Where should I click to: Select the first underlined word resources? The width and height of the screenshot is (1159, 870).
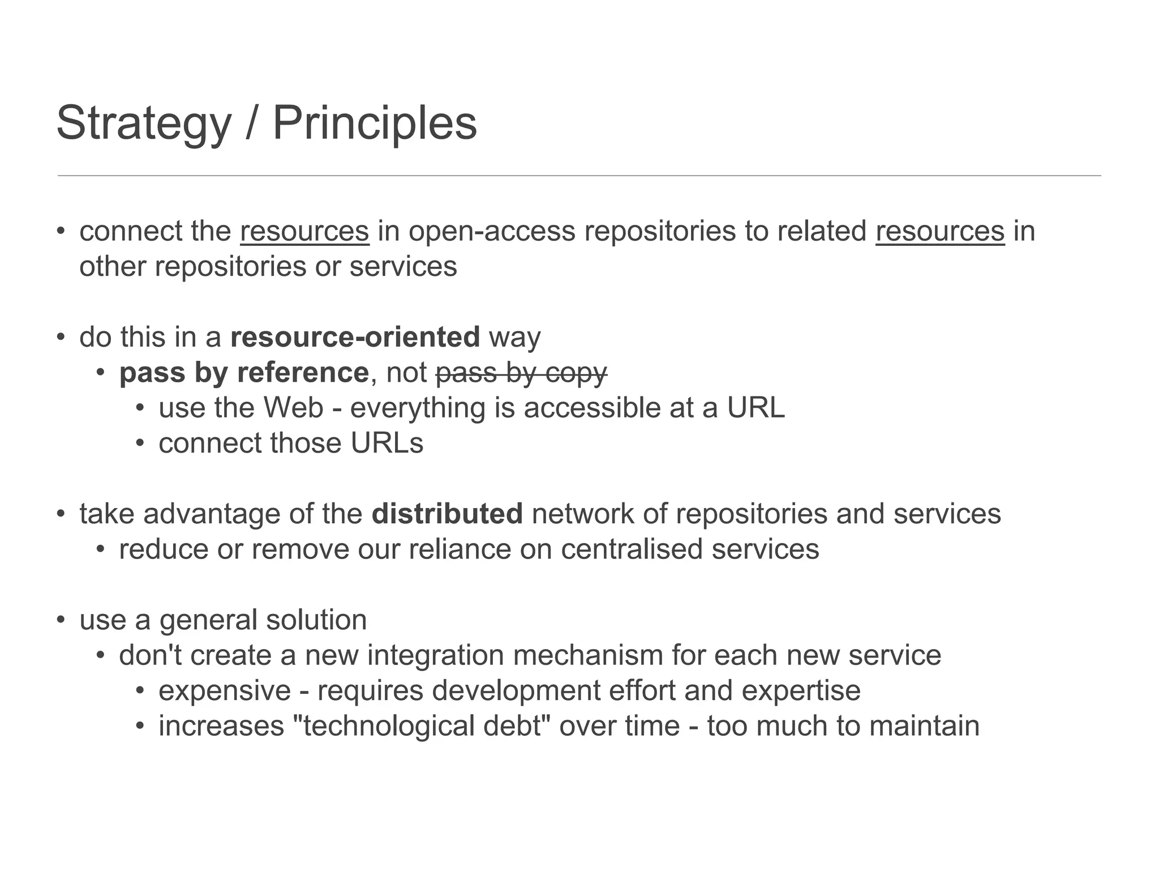click(x=304, y=231)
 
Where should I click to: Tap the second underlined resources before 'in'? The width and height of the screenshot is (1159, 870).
click(x=940, y=231)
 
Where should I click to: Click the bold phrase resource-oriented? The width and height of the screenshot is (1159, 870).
click(x=355, y=337)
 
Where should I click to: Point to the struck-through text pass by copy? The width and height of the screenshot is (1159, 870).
click(x=521, y=373)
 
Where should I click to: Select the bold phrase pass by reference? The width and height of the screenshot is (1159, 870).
click(x=244, y=373)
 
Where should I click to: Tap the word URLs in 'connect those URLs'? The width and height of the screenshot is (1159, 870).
click(x=387, y=443)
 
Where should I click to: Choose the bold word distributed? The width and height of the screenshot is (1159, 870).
click(x=447, y=514)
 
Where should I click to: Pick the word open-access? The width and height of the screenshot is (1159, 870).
click(x=491, y=231)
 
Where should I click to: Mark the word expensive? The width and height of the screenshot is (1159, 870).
click(x=225, y=690)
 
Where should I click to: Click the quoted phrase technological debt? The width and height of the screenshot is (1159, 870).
click(x=422, y=726)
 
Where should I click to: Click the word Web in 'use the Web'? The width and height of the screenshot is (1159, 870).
click(x=293, y=408)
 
